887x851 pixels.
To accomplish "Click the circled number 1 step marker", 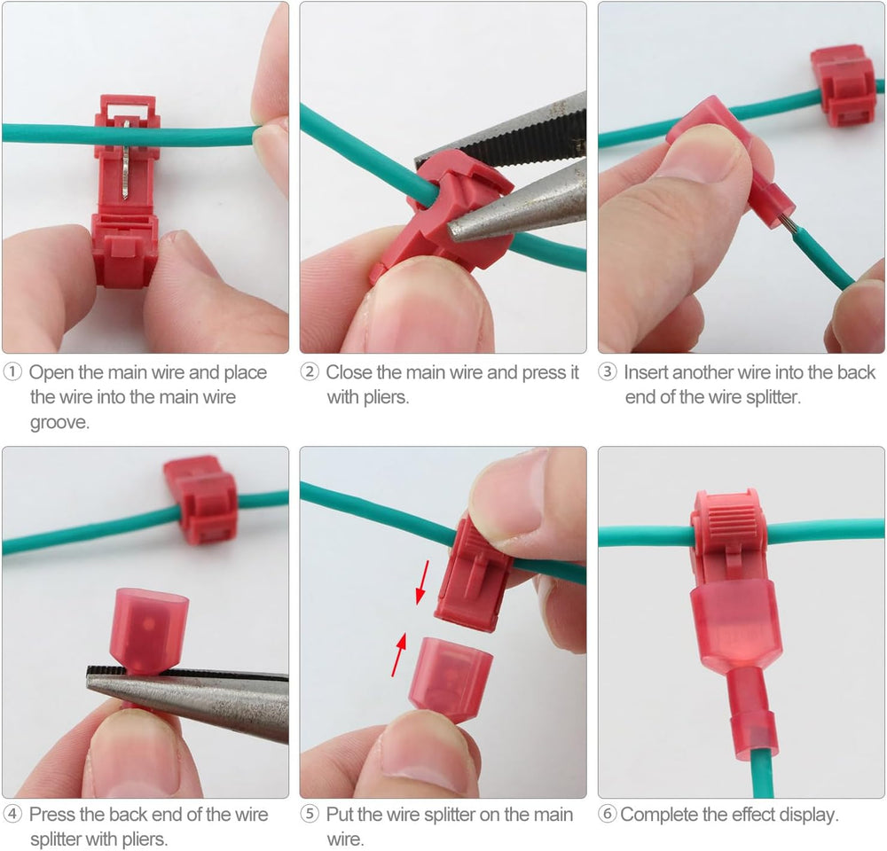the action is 12,372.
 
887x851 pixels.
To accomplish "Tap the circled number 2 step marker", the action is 310,372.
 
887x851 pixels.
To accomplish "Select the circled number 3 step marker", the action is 608,372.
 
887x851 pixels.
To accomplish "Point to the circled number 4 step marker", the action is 12,815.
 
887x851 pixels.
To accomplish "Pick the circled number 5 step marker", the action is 310,815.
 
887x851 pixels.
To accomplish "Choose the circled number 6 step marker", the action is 608,815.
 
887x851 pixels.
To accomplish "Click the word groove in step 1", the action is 60,423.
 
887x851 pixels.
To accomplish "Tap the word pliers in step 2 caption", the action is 385,398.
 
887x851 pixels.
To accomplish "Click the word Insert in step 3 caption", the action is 646,372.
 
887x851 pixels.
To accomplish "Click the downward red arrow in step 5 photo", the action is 422,582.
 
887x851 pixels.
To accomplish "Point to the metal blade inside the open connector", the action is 126,160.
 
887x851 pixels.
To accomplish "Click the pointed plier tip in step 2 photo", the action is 452,230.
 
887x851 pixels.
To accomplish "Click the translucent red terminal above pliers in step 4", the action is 151,630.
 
